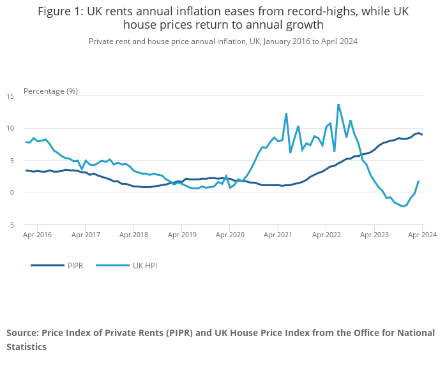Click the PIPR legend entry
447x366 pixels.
coord(67,265)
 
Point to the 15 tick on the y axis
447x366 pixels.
coord(11,96)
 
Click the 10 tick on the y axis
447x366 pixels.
coord(11,128)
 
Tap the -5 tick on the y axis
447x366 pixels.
coord(11,225)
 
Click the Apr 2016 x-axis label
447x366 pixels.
coord(38,235)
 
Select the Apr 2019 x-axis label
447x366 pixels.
coord(182,235)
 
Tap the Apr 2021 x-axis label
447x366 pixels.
coord(278,235)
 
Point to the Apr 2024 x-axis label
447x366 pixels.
coord(422,235)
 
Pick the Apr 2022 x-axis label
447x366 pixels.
coord(326,235)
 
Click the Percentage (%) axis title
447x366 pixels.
coord(50,91)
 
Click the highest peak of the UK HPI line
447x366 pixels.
coord(338,105)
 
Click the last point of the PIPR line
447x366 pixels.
coord(422,135)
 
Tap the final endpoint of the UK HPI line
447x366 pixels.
coord(418,181)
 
